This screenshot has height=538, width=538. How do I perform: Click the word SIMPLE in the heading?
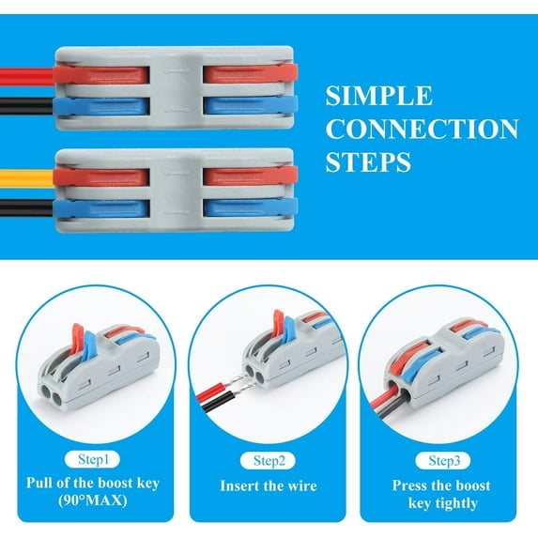pos(378,97)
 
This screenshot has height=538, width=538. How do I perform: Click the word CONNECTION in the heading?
pos(422,130)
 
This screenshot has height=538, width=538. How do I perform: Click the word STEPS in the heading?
pos(368,162)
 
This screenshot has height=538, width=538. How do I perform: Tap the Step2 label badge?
pos(268,460)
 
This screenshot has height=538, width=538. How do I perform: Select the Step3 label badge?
pos(443,460)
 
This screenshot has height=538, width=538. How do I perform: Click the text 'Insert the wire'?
pos(269,486)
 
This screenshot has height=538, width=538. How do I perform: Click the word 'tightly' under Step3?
pos(444,503)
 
